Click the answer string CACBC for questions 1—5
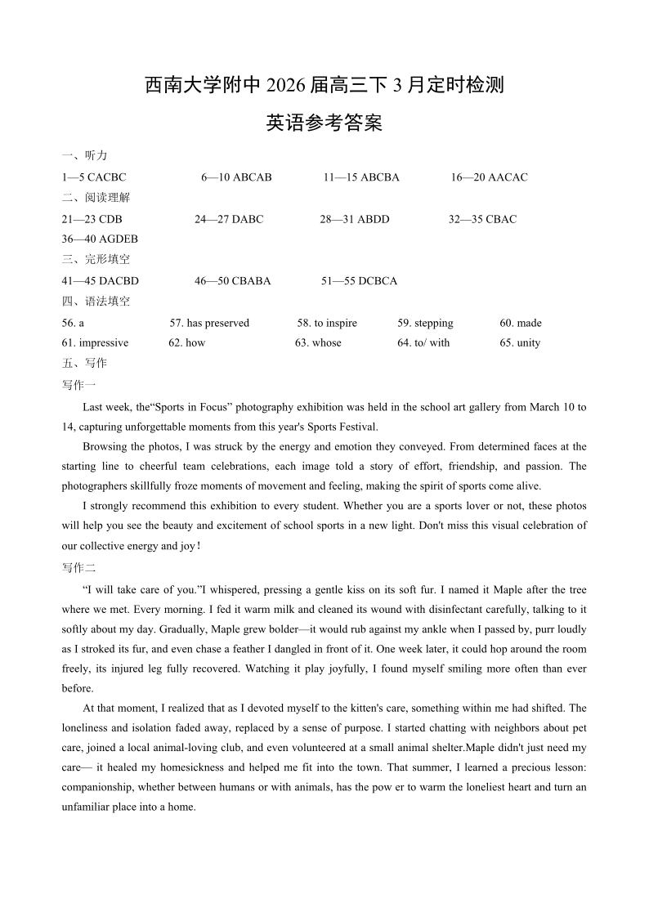click(106, 177)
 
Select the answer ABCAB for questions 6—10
click(253, 177)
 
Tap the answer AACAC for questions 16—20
click(508, 177)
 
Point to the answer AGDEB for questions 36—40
click(119, 239)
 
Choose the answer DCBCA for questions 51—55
click(378, 281)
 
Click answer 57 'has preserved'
click(217, 324)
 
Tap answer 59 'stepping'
click(433, 324)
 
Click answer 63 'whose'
click(326, 343)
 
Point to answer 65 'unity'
click(528, 343)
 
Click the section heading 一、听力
click(84, 155)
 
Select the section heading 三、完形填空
click(96, 259)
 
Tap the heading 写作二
click(78, 568)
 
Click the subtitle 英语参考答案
click(324, 123)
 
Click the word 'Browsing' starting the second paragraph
click(104, 447)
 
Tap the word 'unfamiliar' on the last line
click(87, 807)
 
